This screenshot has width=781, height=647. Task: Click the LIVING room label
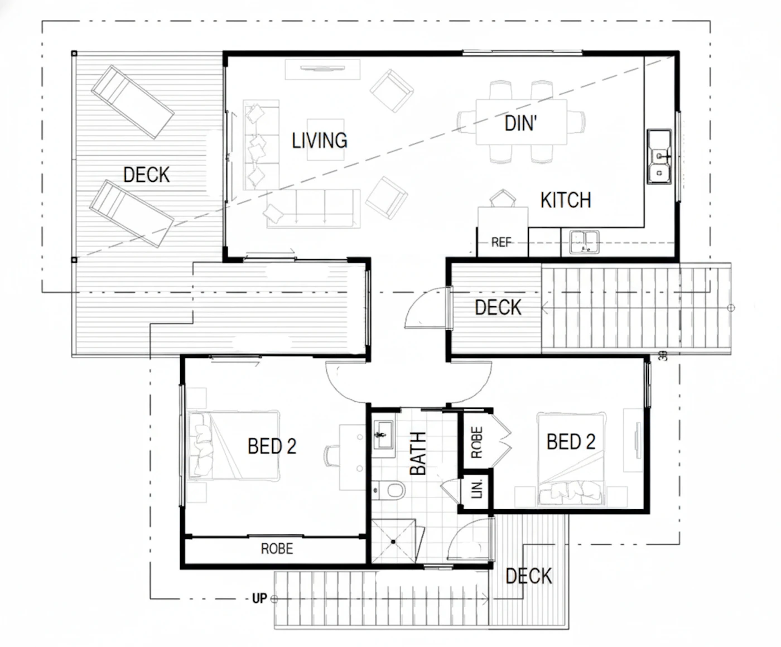click(x=320, y=141)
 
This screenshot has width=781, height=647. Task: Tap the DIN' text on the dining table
click(x=520, y=123)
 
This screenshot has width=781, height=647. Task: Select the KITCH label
click(x=566, y=200)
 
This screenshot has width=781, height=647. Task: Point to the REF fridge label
click(x=501, y=242)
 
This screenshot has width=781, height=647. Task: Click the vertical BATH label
click(x=418, y=453)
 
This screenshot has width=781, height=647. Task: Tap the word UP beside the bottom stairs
click(x=259, y=599)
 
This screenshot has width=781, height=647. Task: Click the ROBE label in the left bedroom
click(x=277, y=549)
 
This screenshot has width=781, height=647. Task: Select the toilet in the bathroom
click(x=389, y=490)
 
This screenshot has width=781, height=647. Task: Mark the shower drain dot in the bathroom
click(x=393, y=542)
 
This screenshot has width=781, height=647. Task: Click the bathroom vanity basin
click(x=383, y=434)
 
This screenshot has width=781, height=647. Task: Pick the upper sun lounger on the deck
click(x=132, y=102)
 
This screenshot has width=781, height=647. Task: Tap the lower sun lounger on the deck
click(x=132, y=214)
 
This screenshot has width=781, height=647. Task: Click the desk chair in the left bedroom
click(x=331, y=456)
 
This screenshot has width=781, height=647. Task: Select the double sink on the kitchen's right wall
click(x=659, y=156)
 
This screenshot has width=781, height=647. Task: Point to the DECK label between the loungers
click(x=147, y=175)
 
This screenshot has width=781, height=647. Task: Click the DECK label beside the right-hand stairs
click(x=498, y=307)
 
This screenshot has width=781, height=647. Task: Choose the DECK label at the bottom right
click(x=529, y=576)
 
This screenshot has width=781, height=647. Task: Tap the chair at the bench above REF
click(x=503, y=198)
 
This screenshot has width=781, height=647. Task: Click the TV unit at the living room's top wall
click(x=322, y=69)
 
